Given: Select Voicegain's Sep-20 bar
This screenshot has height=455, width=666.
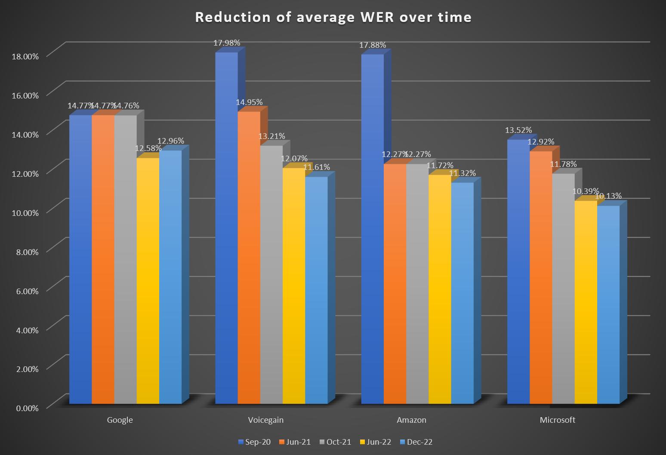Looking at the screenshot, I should (x=226, y=228).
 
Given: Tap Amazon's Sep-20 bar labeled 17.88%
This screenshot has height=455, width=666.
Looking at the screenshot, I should (x=372, y=228).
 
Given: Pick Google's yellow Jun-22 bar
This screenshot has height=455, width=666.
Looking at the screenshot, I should (x=148, y=280).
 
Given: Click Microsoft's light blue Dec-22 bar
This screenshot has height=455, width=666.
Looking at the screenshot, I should (x=608, y=305).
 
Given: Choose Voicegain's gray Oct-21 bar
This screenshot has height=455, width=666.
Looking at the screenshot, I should (x=271, y=275).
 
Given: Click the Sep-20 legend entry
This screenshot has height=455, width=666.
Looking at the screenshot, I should (x=254, y=442).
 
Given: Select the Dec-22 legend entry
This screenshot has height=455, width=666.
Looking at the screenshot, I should (x=416, y=442).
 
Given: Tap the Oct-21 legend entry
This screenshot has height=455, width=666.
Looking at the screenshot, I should (x=335, y=442).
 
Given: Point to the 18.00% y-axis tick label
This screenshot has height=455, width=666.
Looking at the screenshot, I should (x=25, y=56).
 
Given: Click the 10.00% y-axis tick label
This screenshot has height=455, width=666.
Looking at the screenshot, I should (x=25, y=213).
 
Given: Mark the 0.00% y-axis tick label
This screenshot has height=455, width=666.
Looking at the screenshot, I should (x=27, y=408).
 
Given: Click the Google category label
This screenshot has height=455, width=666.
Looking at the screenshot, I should (x=120, y=420).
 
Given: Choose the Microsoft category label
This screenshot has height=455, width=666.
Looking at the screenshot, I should (x=557, y=420).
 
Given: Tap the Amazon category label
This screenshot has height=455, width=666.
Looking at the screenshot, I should (x=411, y=420).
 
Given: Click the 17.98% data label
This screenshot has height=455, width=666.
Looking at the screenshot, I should (x=227, y=43).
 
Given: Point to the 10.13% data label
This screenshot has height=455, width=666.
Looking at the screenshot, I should (x=608, y=196).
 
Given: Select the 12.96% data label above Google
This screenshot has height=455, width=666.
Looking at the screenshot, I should (x=170, y=141).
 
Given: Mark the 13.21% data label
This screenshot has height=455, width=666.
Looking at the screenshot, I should (x=271, y=136).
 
